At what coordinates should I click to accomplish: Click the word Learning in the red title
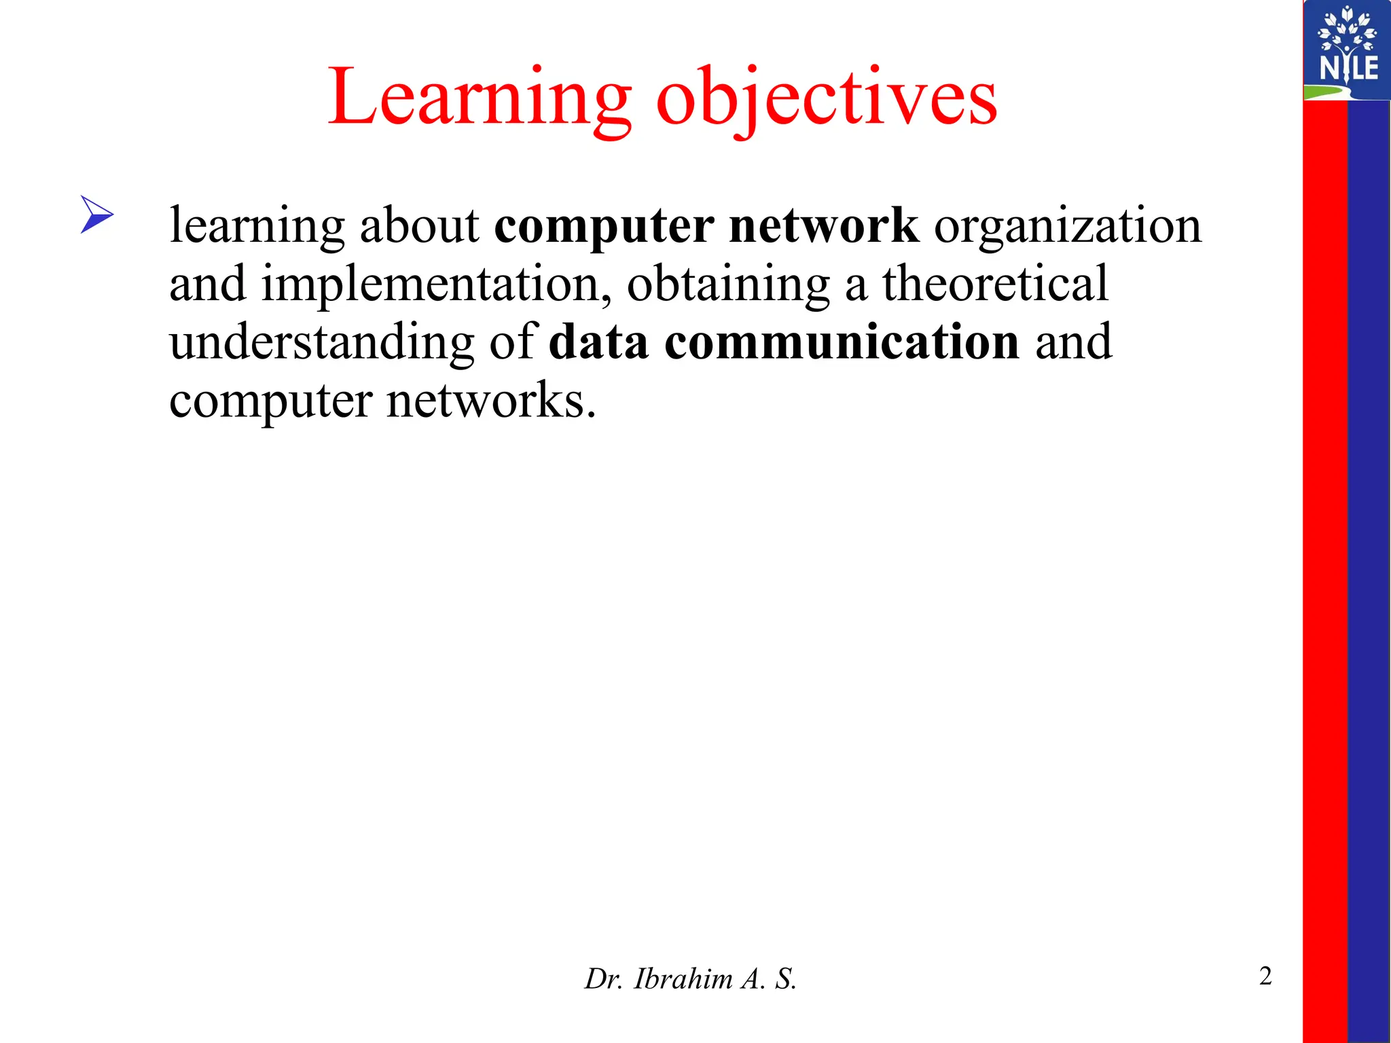pos(480,98)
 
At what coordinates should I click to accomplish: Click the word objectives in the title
pos(827,98)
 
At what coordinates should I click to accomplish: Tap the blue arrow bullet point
pos(96,215)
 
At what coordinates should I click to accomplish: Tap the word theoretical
pos(995,284)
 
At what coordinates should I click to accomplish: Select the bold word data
pos(598,342)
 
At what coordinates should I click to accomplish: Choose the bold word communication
pos(842,342)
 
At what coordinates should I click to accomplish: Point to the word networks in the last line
pos(491,401)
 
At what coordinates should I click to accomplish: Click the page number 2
pos(1265,976)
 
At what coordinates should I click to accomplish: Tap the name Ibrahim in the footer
pos(683,979)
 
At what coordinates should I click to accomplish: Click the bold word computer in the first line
pos(604,226)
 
